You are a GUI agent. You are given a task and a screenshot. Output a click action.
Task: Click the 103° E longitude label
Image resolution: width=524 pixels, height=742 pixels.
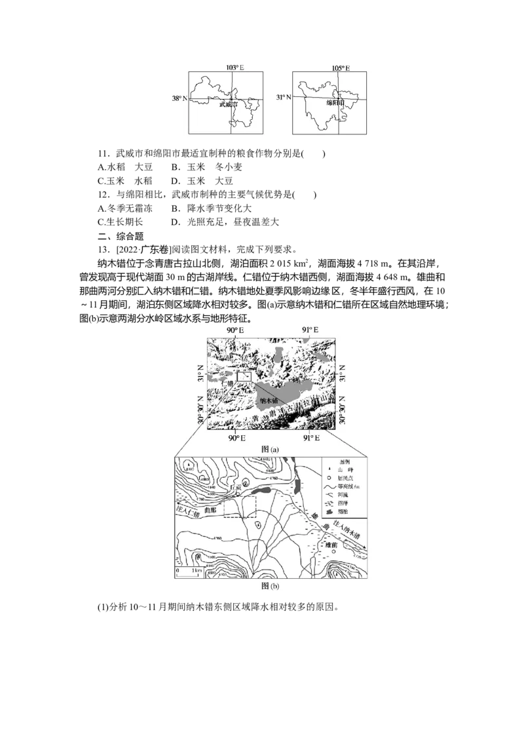[x=236, y=68]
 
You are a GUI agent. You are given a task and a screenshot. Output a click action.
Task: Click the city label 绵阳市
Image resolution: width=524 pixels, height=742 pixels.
[x=337, y=103]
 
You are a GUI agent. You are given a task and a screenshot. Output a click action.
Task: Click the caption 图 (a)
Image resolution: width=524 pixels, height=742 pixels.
[x=270, y=450]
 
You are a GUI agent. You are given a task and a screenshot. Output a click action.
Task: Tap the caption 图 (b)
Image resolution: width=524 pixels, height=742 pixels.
[x=270, y=585]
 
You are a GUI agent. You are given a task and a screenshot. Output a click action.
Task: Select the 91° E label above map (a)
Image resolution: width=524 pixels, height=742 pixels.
[x=310, y=328]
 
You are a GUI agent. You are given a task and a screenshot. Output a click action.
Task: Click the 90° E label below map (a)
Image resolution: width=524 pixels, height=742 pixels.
[x=235, y=437]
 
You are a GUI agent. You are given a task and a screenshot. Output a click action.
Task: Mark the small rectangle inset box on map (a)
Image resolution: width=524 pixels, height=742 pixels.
[x=244, y=376]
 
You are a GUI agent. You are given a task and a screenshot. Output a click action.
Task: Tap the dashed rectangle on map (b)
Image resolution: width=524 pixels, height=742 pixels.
[x=239, y=506]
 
